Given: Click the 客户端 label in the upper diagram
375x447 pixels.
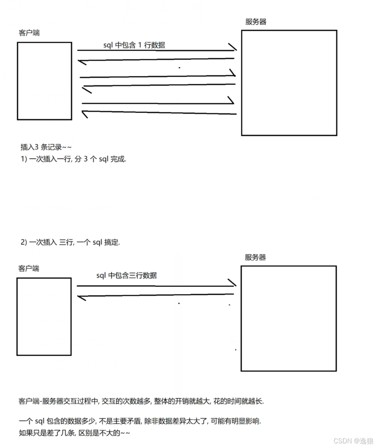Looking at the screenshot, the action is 29,33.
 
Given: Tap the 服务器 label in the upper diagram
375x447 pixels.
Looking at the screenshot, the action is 256,22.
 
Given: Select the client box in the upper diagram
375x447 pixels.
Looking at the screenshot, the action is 18,81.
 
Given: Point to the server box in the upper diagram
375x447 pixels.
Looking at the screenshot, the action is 242,83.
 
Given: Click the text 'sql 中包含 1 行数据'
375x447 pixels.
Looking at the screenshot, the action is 134,45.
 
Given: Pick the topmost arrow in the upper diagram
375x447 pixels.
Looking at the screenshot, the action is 157,50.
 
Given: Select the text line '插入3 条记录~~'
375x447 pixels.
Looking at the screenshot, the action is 46,147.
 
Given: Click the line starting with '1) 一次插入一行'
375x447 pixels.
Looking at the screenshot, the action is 73,159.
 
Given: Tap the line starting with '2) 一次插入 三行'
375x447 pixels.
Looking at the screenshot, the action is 70,242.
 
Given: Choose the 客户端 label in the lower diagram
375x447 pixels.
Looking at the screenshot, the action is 29,268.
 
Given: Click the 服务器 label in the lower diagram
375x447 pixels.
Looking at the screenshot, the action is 255,257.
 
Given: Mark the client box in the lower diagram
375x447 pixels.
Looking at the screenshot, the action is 17,316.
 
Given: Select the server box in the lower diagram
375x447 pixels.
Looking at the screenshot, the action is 241,318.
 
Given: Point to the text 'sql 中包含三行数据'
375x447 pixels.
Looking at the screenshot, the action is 127,275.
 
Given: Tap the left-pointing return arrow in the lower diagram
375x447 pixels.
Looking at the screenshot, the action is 156,295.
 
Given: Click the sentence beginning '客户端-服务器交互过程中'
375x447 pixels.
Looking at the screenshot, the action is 141,401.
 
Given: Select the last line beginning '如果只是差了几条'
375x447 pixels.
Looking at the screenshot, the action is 74,433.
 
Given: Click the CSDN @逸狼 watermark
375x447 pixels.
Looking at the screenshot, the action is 354,441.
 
